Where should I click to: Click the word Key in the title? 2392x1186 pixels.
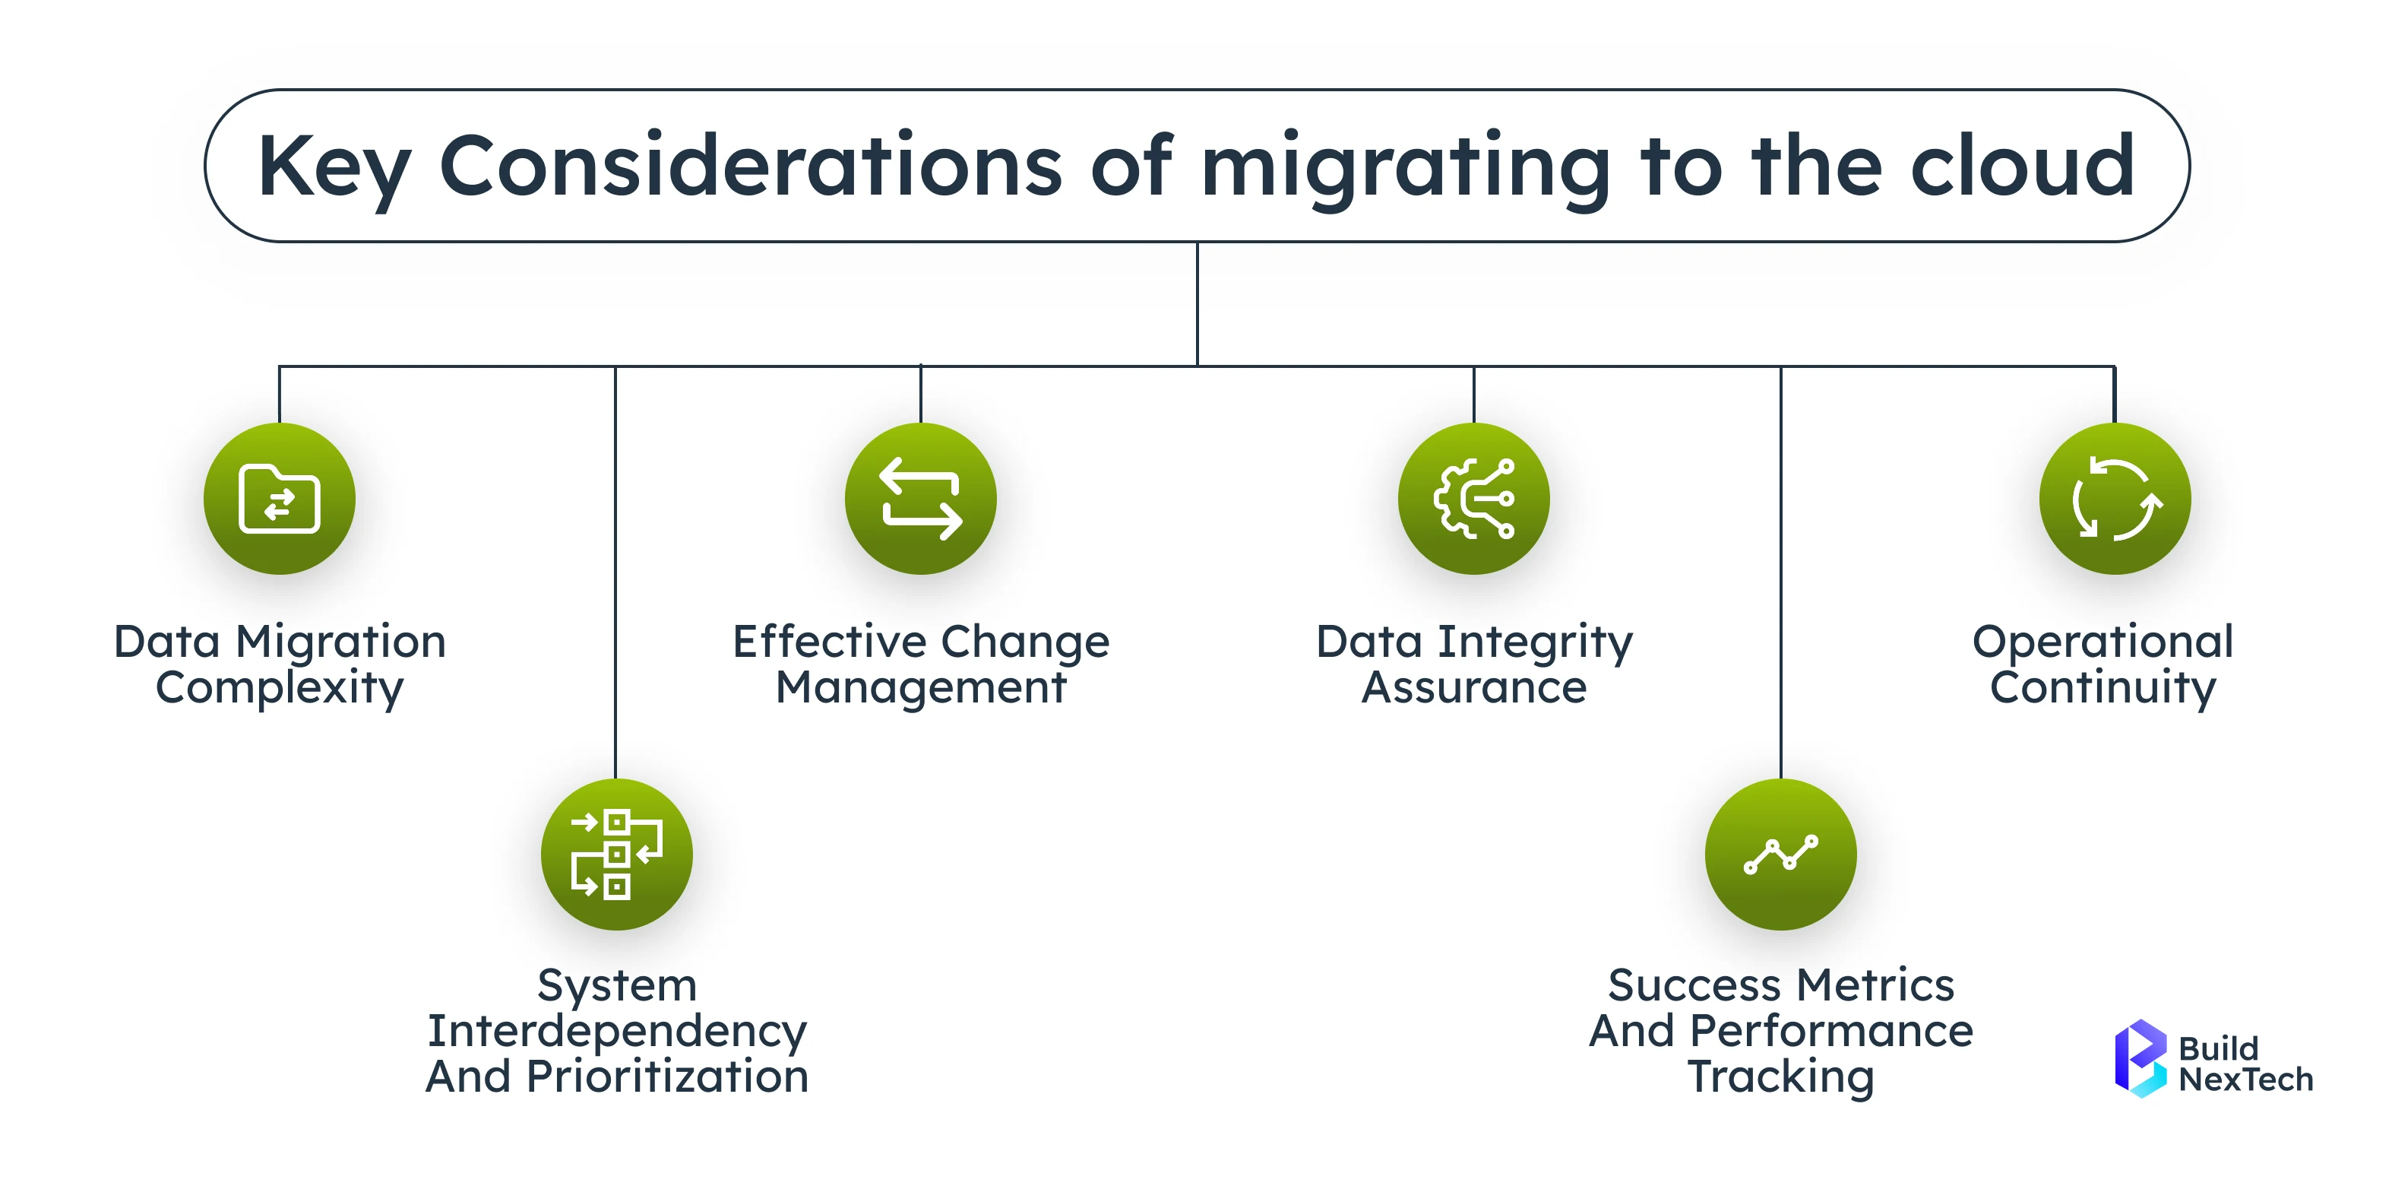[x=332, y=167]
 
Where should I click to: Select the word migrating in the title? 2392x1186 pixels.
[x=1405, y=167]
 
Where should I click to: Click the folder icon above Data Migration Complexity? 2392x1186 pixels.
[x=280, y=499]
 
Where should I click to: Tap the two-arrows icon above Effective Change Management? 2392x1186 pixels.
[x=920, y=499]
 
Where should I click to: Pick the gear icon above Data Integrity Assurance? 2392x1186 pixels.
[x=1473, y=499]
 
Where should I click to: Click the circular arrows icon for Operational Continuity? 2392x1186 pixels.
[x=2115, y=499]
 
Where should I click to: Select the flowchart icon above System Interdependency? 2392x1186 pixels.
[x=616, y=855]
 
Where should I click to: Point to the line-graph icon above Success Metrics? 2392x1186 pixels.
[x=1780, y=855]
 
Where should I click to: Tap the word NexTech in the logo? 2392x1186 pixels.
[x=2245, y=1080]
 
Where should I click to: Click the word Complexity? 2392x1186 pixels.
[x=280, y=688]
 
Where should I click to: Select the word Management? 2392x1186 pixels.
[x=920, y=688]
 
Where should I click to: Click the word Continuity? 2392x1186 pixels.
[x=2102, y=688]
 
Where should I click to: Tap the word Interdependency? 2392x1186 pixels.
[x=616, y=1031]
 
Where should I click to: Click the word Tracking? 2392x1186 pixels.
[x=1780, y=1077]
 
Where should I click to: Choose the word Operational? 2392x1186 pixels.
[x=2102, y=642]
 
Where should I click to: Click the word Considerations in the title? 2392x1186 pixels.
[x=750, y=167]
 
